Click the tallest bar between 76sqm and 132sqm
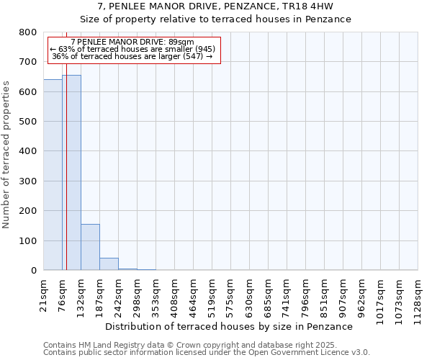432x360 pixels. [x=72, y=173]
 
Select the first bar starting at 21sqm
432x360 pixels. [x=53, y=175]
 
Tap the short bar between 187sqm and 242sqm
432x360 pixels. [x=109, y=264]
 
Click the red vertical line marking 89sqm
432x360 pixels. [x=66, y=158]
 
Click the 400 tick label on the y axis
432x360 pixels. [x=28, y=151]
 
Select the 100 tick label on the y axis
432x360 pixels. [x=28, y=240]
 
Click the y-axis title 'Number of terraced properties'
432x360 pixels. [x=6, y=154]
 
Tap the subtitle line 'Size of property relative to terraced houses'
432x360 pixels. [x=215, y=19]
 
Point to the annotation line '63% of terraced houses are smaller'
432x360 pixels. [x=132, y=49]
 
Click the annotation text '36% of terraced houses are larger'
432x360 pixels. [x=132, y=56]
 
